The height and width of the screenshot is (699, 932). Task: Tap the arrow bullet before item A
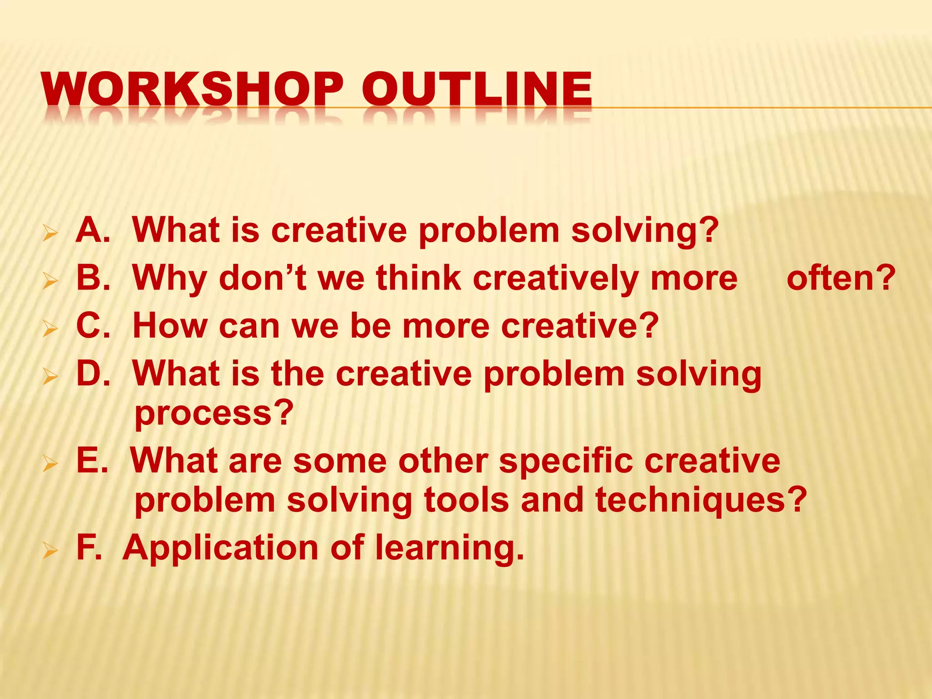click(x=50, y=234)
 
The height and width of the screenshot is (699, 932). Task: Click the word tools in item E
click(x=466, y=500)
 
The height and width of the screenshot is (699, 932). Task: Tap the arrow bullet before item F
click(x=50, y=551)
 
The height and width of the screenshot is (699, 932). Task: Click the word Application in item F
click(x=221, y=548)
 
